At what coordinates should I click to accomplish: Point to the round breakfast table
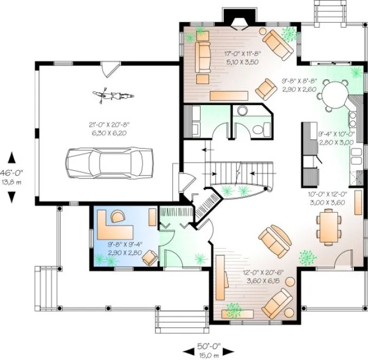[334, 93]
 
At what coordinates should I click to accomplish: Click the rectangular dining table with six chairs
[329, 226]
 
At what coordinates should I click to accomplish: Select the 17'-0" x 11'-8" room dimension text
[243, 57]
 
